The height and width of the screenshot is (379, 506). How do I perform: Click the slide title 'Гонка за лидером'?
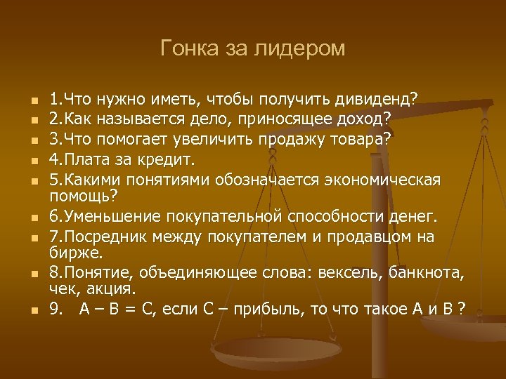pos(253,48)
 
